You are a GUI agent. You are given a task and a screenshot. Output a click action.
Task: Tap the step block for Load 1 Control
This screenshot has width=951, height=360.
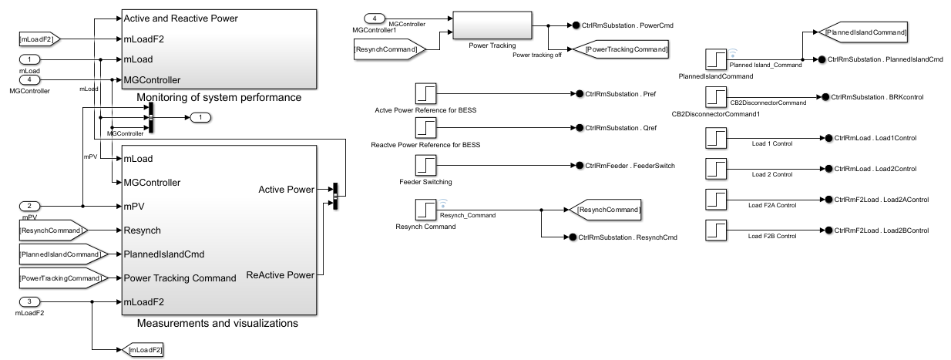716,137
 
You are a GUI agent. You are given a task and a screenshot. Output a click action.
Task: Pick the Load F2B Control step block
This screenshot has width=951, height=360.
716,230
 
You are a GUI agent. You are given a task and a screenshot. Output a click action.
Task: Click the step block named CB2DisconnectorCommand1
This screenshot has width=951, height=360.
716,97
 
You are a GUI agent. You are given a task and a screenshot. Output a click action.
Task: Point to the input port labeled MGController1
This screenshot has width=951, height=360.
375,18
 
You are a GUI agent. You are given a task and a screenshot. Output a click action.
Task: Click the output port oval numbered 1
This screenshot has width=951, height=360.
200,117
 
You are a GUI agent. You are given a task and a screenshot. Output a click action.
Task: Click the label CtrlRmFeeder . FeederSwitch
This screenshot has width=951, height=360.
624,166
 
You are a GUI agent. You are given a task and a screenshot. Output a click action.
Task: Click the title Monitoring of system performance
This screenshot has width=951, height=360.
219,98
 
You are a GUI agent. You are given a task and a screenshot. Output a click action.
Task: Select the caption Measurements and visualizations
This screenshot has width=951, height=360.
217,323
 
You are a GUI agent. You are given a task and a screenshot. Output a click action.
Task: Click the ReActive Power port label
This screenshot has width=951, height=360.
280,275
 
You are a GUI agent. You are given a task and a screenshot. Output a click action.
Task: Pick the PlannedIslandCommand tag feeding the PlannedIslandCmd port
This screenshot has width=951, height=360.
61,254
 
